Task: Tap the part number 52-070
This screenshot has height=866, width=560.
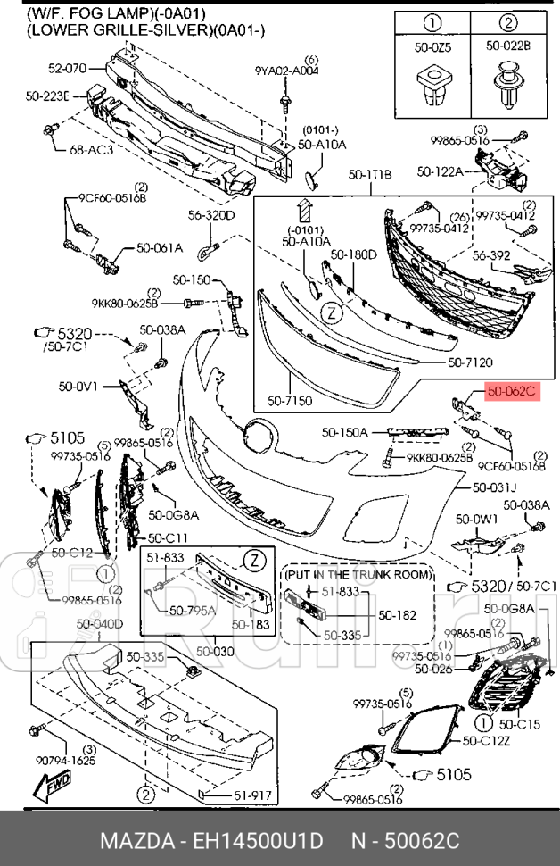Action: pos(67,67)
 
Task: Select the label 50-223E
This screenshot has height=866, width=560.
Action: pos(46,96)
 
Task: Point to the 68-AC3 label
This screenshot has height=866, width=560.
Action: pos(91,150)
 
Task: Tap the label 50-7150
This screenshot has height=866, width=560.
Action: pos(290,401)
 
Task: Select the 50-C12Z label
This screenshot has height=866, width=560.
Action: pos(486,741)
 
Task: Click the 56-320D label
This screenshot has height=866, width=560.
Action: pos(210,215)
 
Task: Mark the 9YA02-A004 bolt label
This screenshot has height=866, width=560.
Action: pos(286,70)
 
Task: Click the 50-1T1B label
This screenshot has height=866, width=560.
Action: pos(369,175)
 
